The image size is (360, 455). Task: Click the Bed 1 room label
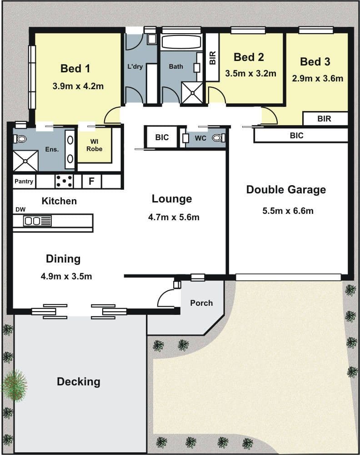pos(75,69)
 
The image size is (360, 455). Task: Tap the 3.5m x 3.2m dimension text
pos(251,73)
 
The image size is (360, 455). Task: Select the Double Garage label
pos(286,189)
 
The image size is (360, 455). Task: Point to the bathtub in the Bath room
pos(181,42)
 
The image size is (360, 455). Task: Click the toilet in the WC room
pos(219,138)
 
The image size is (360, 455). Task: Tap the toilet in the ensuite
pos(20,139)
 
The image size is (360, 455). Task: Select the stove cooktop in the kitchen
pos(64,181)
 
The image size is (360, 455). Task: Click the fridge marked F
pos(92,182)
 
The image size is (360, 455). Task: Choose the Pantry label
pos(24,182)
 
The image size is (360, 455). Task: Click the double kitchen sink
pos(37,221)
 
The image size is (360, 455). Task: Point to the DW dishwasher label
pos(20,209)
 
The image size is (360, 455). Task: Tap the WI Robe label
pos(95,145)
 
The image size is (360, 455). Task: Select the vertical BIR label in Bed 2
pos(212,58)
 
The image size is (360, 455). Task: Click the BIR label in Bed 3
pos(324,119)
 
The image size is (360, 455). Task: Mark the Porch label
pos(201,303)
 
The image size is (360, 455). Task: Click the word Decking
pos(79,382)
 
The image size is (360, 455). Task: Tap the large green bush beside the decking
pos(15,386)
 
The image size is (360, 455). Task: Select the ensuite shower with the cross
pos(25,161)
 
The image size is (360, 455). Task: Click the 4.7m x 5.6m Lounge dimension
pos(174,217)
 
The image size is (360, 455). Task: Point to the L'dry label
pos(135,66)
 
